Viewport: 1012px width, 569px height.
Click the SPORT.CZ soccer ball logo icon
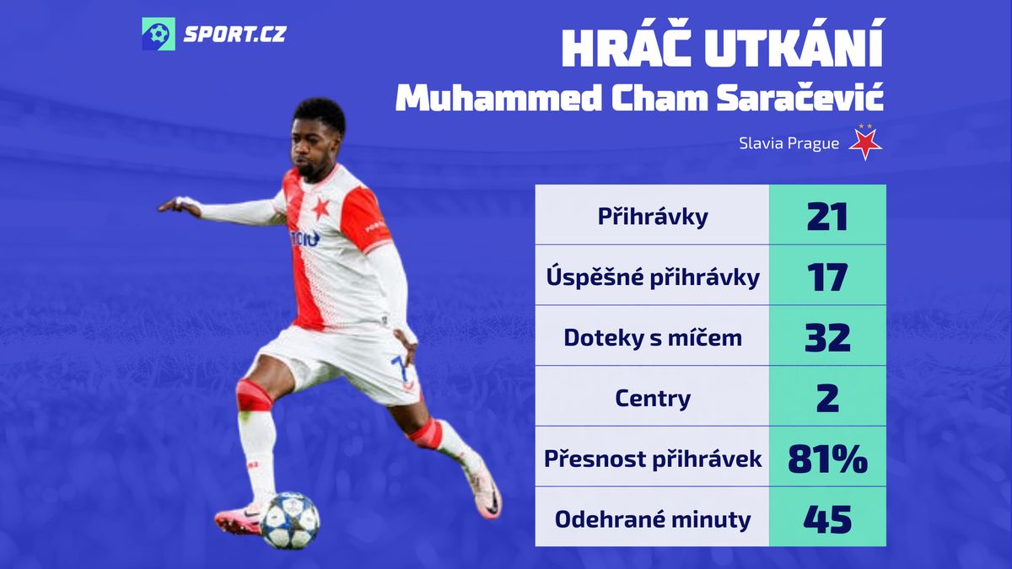click(159, 34)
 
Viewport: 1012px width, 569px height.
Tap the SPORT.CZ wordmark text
click(234, 35)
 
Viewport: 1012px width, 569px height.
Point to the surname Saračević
click(800, 98)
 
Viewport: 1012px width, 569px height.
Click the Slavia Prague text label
click(789, 143)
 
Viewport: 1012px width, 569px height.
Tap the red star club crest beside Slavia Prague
click(865, 142)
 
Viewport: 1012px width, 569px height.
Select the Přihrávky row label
click(653, 217)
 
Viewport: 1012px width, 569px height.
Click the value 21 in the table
click(826, 217)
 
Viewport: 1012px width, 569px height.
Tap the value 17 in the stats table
click(827, 277)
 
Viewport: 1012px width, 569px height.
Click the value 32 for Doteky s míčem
click(827, 338)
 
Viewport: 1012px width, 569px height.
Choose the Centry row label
click(653, 398)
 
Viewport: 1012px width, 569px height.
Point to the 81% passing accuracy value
click(827, 459)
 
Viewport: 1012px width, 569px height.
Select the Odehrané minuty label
click(653, 519)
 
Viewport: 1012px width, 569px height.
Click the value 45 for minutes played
click(827, 519)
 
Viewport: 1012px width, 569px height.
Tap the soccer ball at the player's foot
click(289, 521)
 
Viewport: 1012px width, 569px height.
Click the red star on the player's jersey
click(321, 209)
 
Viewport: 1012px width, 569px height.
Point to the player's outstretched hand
click(180, 206)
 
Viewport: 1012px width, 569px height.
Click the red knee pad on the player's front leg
click(254, 395)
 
